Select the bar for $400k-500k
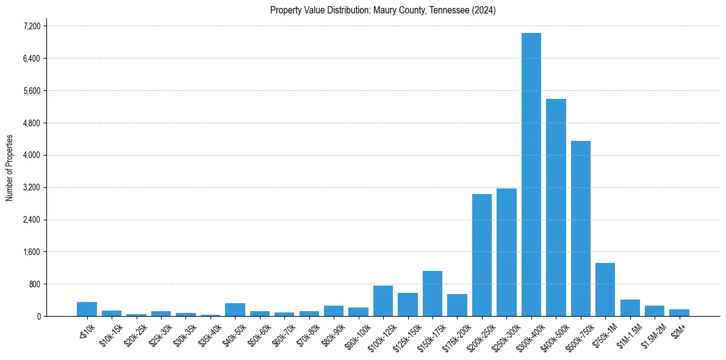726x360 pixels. click(x=556, y=207)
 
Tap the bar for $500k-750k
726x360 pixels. click(x=580, y=228)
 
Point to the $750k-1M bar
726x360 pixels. click(x=605, y=289)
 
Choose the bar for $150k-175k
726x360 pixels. click(x=433, y=293)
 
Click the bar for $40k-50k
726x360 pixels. click(x=235, y=309)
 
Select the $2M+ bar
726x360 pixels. click(x=679, y=312)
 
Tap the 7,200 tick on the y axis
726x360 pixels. click(x=32, y=26)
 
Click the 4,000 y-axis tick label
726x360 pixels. click(x=32, y=155)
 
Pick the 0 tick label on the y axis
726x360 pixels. click(x=38, y=316)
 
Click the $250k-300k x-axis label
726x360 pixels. click(x=504, y=334)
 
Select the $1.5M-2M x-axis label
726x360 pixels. click(x=653, y=334)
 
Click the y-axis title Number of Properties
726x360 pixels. click(x=9, y=168)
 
